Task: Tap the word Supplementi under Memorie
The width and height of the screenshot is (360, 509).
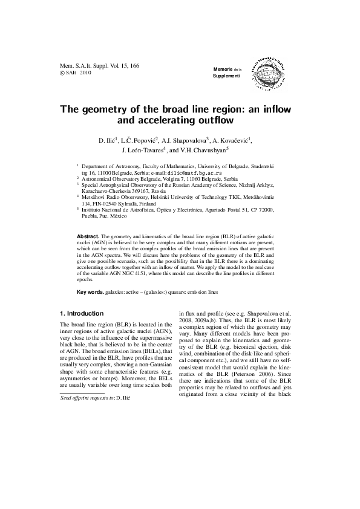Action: (226, 79)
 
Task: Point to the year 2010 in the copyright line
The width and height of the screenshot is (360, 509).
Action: (84, 72)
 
